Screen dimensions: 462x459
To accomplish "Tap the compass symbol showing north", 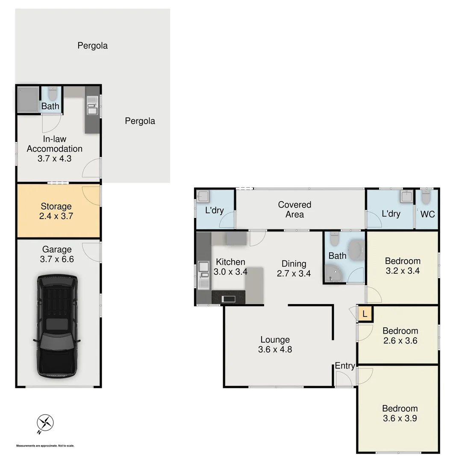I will coord(45,423).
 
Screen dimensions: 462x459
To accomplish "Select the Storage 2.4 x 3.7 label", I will coord(56,211).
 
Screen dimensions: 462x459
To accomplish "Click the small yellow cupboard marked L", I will coord(364,314).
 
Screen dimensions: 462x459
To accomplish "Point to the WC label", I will coord(427,214).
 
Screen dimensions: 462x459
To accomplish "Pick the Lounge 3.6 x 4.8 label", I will coord(275,344).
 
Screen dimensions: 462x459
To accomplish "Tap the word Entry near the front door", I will coord(344,366).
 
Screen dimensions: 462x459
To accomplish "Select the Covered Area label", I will coord(294,209).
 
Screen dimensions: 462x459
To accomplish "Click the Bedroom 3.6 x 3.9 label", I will coord(400,413).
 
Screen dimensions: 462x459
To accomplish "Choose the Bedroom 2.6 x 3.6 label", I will coord(400,335).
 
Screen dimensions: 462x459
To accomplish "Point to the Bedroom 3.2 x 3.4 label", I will coord(403,266).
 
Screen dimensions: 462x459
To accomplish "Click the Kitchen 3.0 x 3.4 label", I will coord(230,267).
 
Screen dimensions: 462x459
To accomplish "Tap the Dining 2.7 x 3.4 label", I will coord(294,268).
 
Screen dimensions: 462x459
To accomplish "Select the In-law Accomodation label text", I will coord(54,148).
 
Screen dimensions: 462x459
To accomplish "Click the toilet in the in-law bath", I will coord(52,92).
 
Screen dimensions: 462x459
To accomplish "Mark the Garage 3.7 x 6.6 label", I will coord(57,254).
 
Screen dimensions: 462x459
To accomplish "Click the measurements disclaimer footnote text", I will coord(45,446).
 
